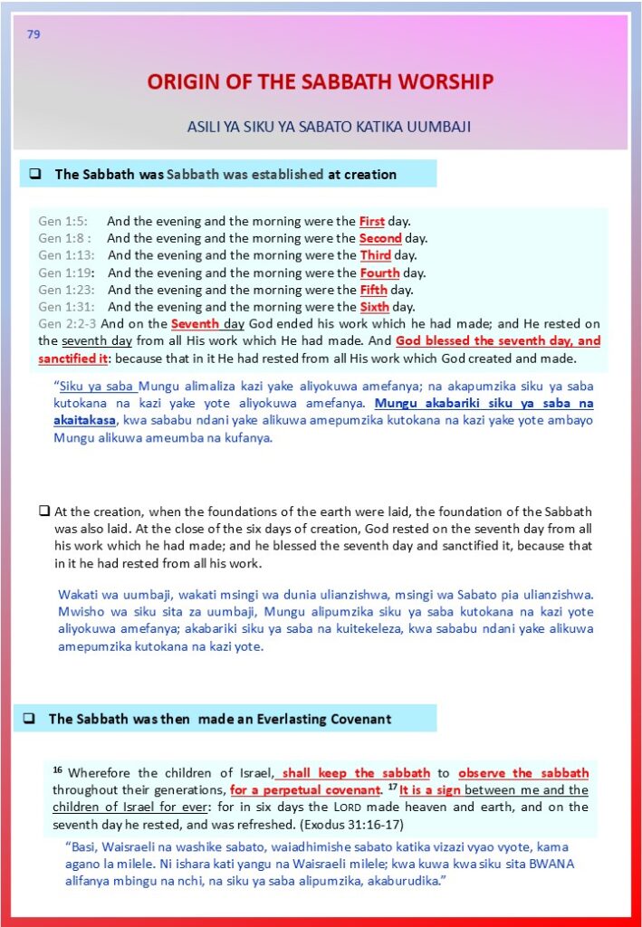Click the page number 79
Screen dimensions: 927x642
34,35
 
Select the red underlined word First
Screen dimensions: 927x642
372,221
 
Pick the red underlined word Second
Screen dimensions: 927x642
380,238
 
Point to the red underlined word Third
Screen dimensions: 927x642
376,255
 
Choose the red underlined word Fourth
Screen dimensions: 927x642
379,272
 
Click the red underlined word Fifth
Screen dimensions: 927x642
373,290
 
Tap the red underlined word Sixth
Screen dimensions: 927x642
375,307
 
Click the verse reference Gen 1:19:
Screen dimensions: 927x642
66,272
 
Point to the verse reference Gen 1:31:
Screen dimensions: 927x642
66,307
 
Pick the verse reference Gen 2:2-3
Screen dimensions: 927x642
68,324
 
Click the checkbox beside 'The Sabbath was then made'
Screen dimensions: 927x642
29,719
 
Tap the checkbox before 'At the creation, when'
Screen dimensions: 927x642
43,511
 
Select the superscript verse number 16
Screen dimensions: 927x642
57,770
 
